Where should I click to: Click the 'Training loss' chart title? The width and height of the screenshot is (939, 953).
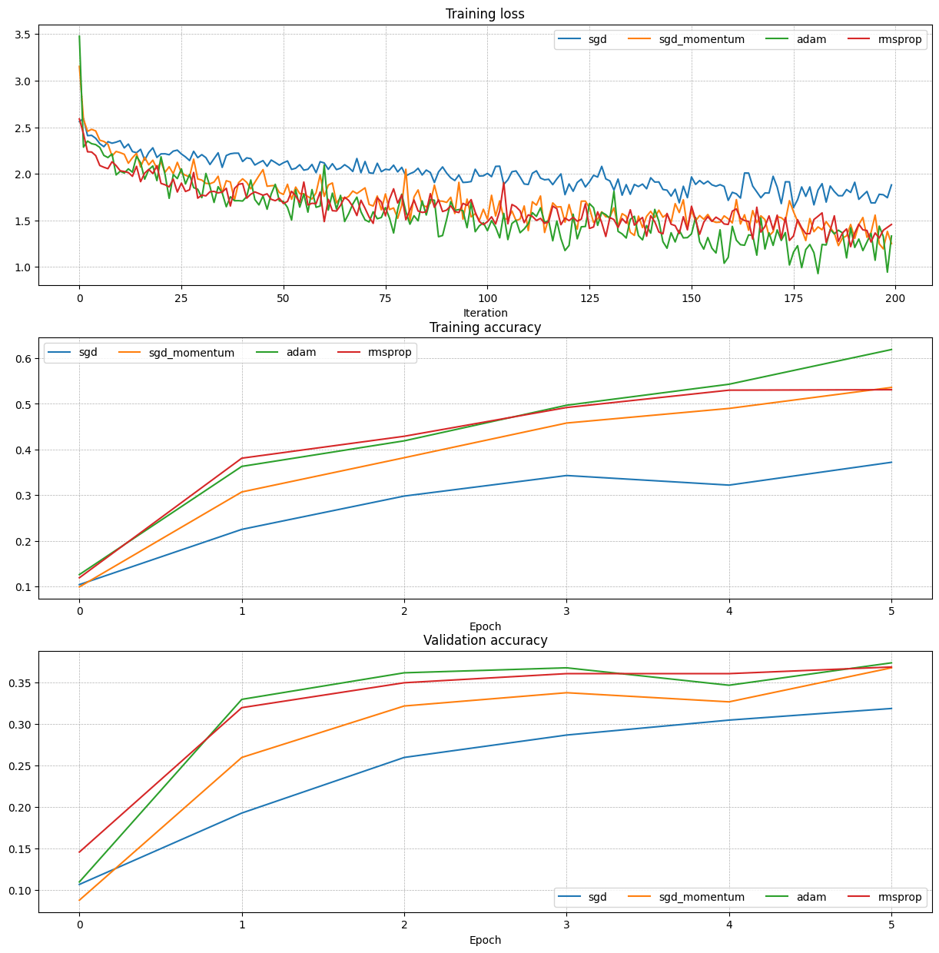tap(485, 14)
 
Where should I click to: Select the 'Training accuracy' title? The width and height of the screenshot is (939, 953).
tap(485, 327)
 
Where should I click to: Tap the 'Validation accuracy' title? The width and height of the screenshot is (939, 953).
tap(485, 640)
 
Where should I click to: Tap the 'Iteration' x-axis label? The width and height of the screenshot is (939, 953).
tap(485, 313)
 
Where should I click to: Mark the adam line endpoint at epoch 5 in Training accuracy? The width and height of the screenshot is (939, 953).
tap(891, 350)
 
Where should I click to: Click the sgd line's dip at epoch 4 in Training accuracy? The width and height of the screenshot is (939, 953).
tap(729, 485)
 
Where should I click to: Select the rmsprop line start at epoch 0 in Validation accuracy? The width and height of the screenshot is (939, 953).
tap(79, 852)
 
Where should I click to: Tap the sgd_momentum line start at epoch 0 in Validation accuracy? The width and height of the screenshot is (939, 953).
tap(79, 900)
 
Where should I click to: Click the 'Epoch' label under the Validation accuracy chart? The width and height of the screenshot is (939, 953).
tap(485, 940)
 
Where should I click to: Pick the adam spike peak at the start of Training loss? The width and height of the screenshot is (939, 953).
tap(79, 36)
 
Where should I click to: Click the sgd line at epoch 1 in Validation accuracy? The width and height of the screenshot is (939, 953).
tap(242, 813)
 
